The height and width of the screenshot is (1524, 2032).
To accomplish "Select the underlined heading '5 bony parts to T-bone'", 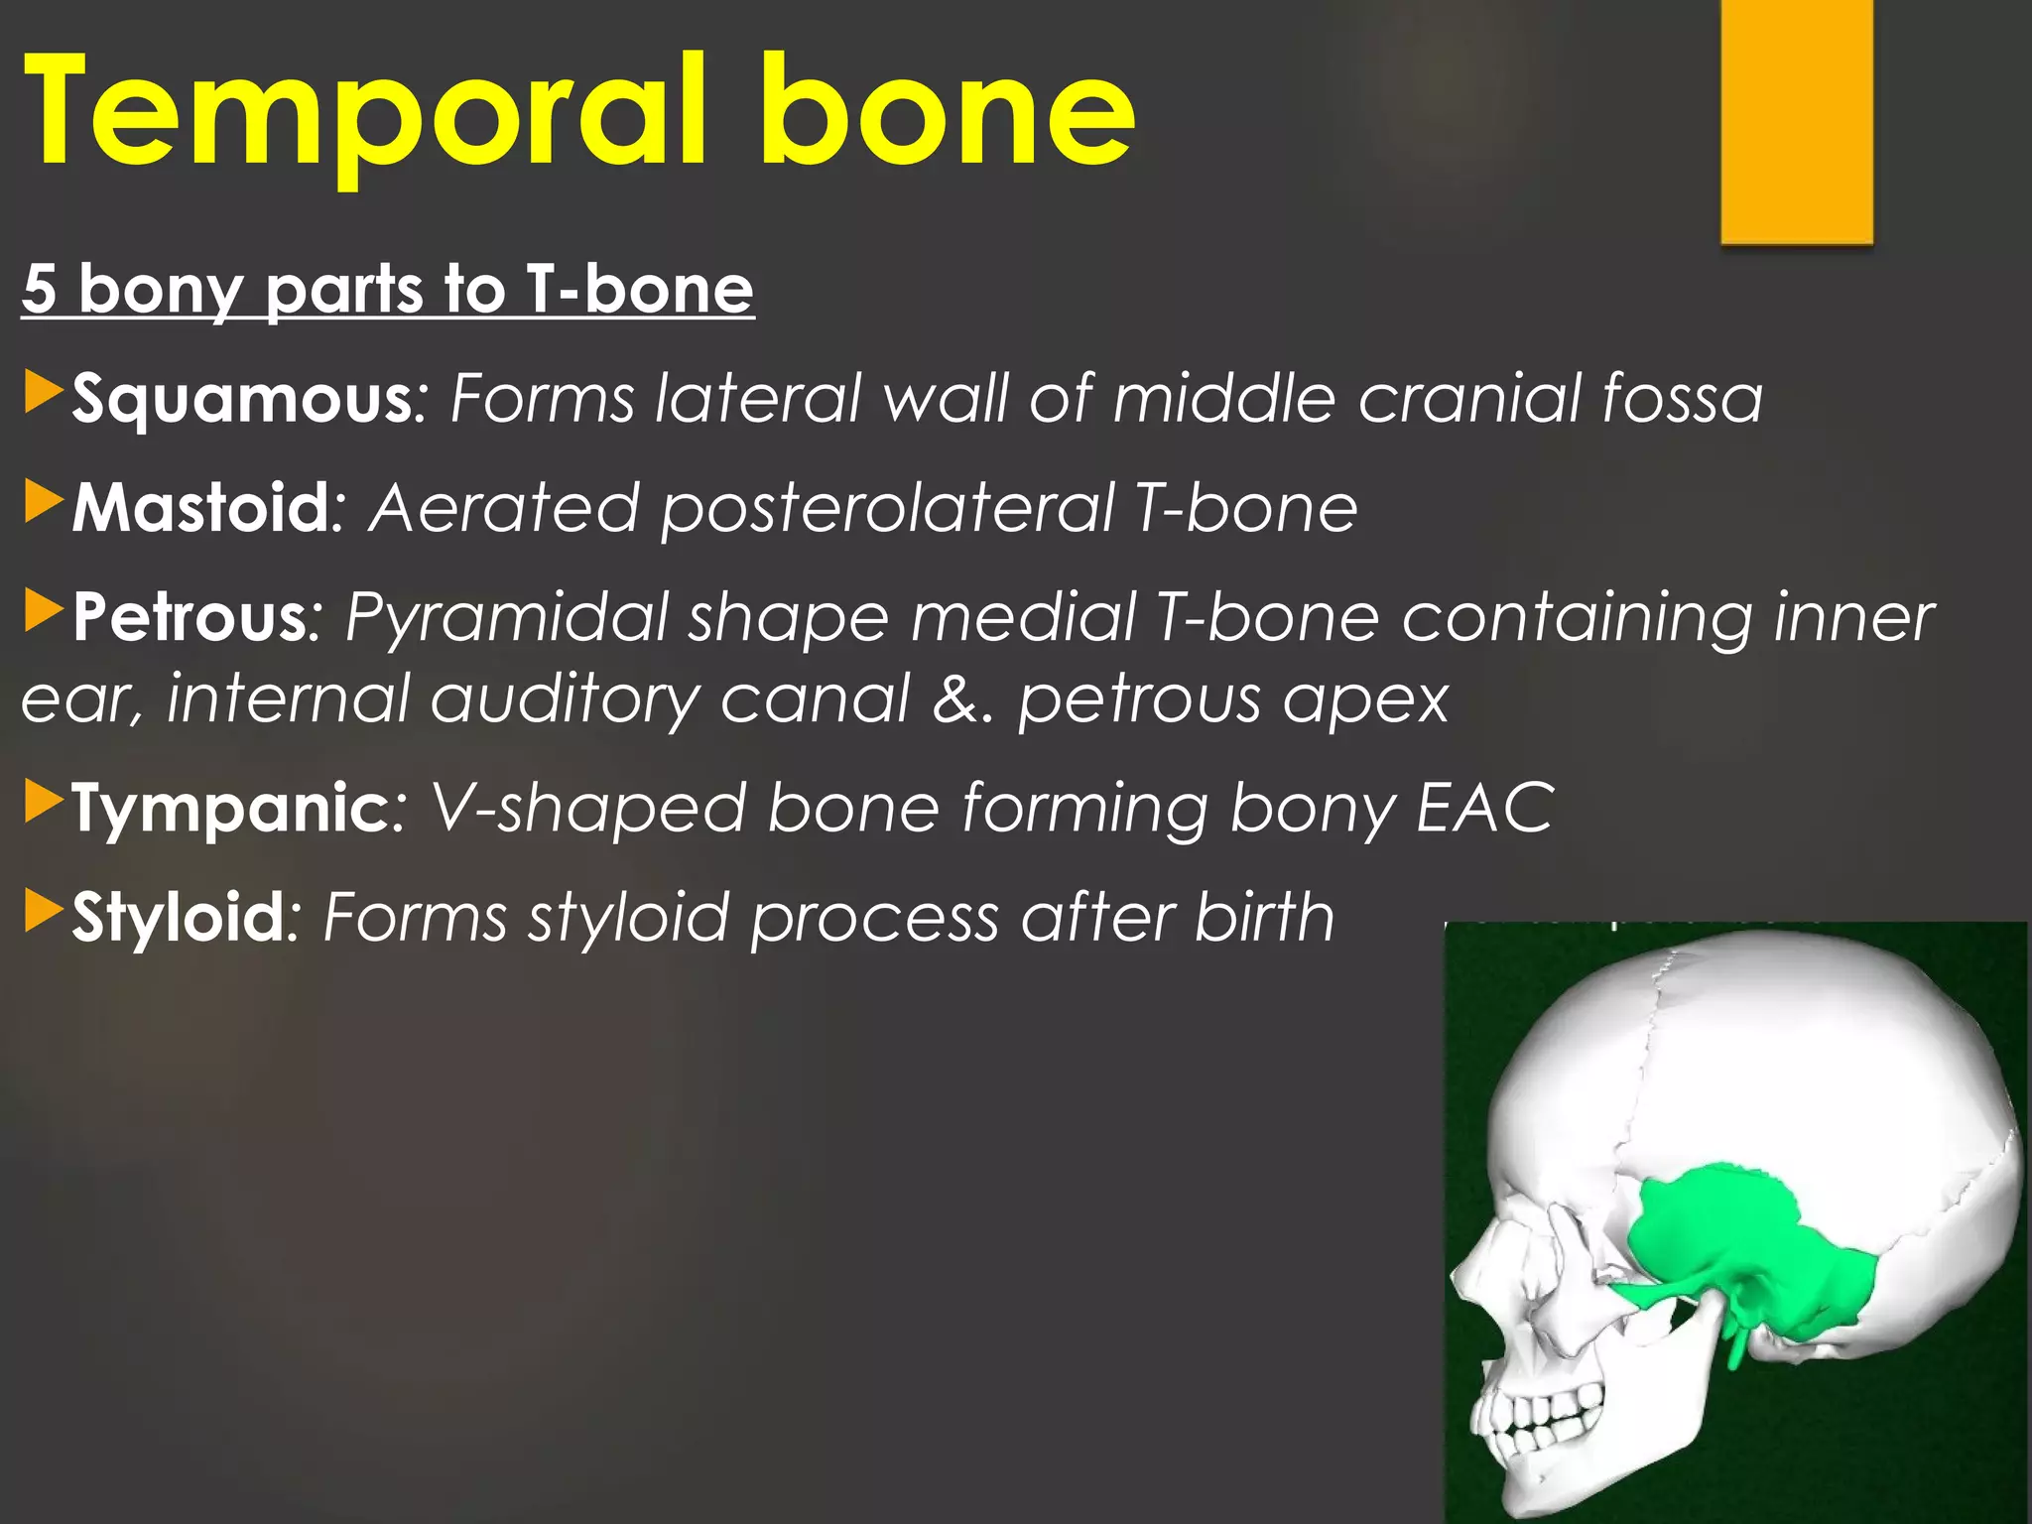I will coord(387,290).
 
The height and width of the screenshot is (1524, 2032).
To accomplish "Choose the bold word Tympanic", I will coord(229,808).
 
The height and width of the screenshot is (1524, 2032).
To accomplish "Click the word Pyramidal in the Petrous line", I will coord(507,618).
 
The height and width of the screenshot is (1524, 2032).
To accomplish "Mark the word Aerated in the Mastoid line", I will coord(504,509).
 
